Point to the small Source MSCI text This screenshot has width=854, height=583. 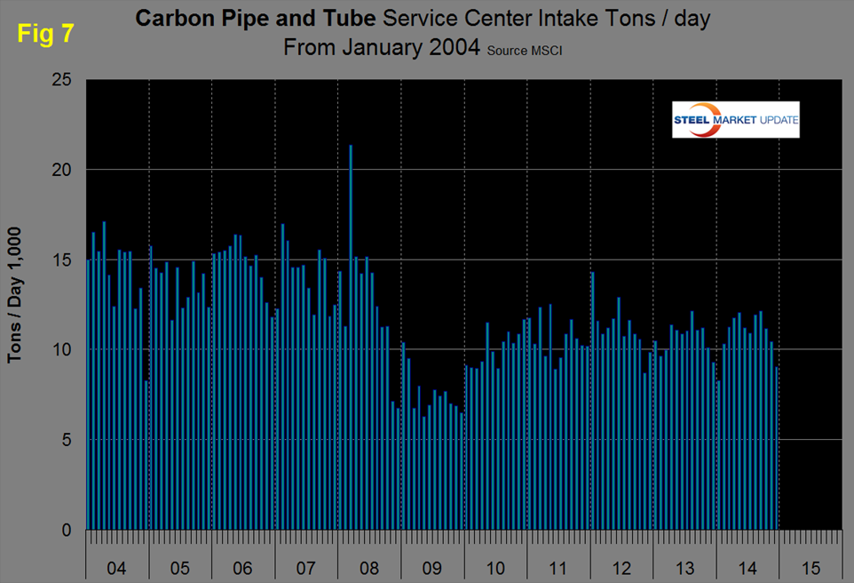[x=525, y=52]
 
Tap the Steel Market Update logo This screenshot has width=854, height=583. [x=736, y=120]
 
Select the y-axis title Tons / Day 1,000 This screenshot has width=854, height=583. [x=15, y=294]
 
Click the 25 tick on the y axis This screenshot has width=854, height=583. [x=62, y=80]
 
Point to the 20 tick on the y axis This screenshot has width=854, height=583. [x=62, y=170]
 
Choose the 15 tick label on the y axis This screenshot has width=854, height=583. [x=62, y=260]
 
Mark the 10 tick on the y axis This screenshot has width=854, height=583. [x=62, y=350]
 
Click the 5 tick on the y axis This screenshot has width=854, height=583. [x=67, y=440]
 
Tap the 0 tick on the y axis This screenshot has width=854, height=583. [x=67, y=531]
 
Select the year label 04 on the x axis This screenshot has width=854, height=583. [x=116, y=565]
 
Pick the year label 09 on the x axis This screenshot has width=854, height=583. [x=431, y=565]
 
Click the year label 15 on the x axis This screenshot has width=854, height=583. [x=810, y=565]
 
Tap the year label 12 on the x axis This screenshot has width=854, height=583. [x=621, y=565]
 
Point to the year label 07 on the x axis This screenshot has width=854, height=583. [x=305, y=565]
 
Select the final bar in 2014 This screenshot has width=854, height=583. [x=777, y=449]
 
